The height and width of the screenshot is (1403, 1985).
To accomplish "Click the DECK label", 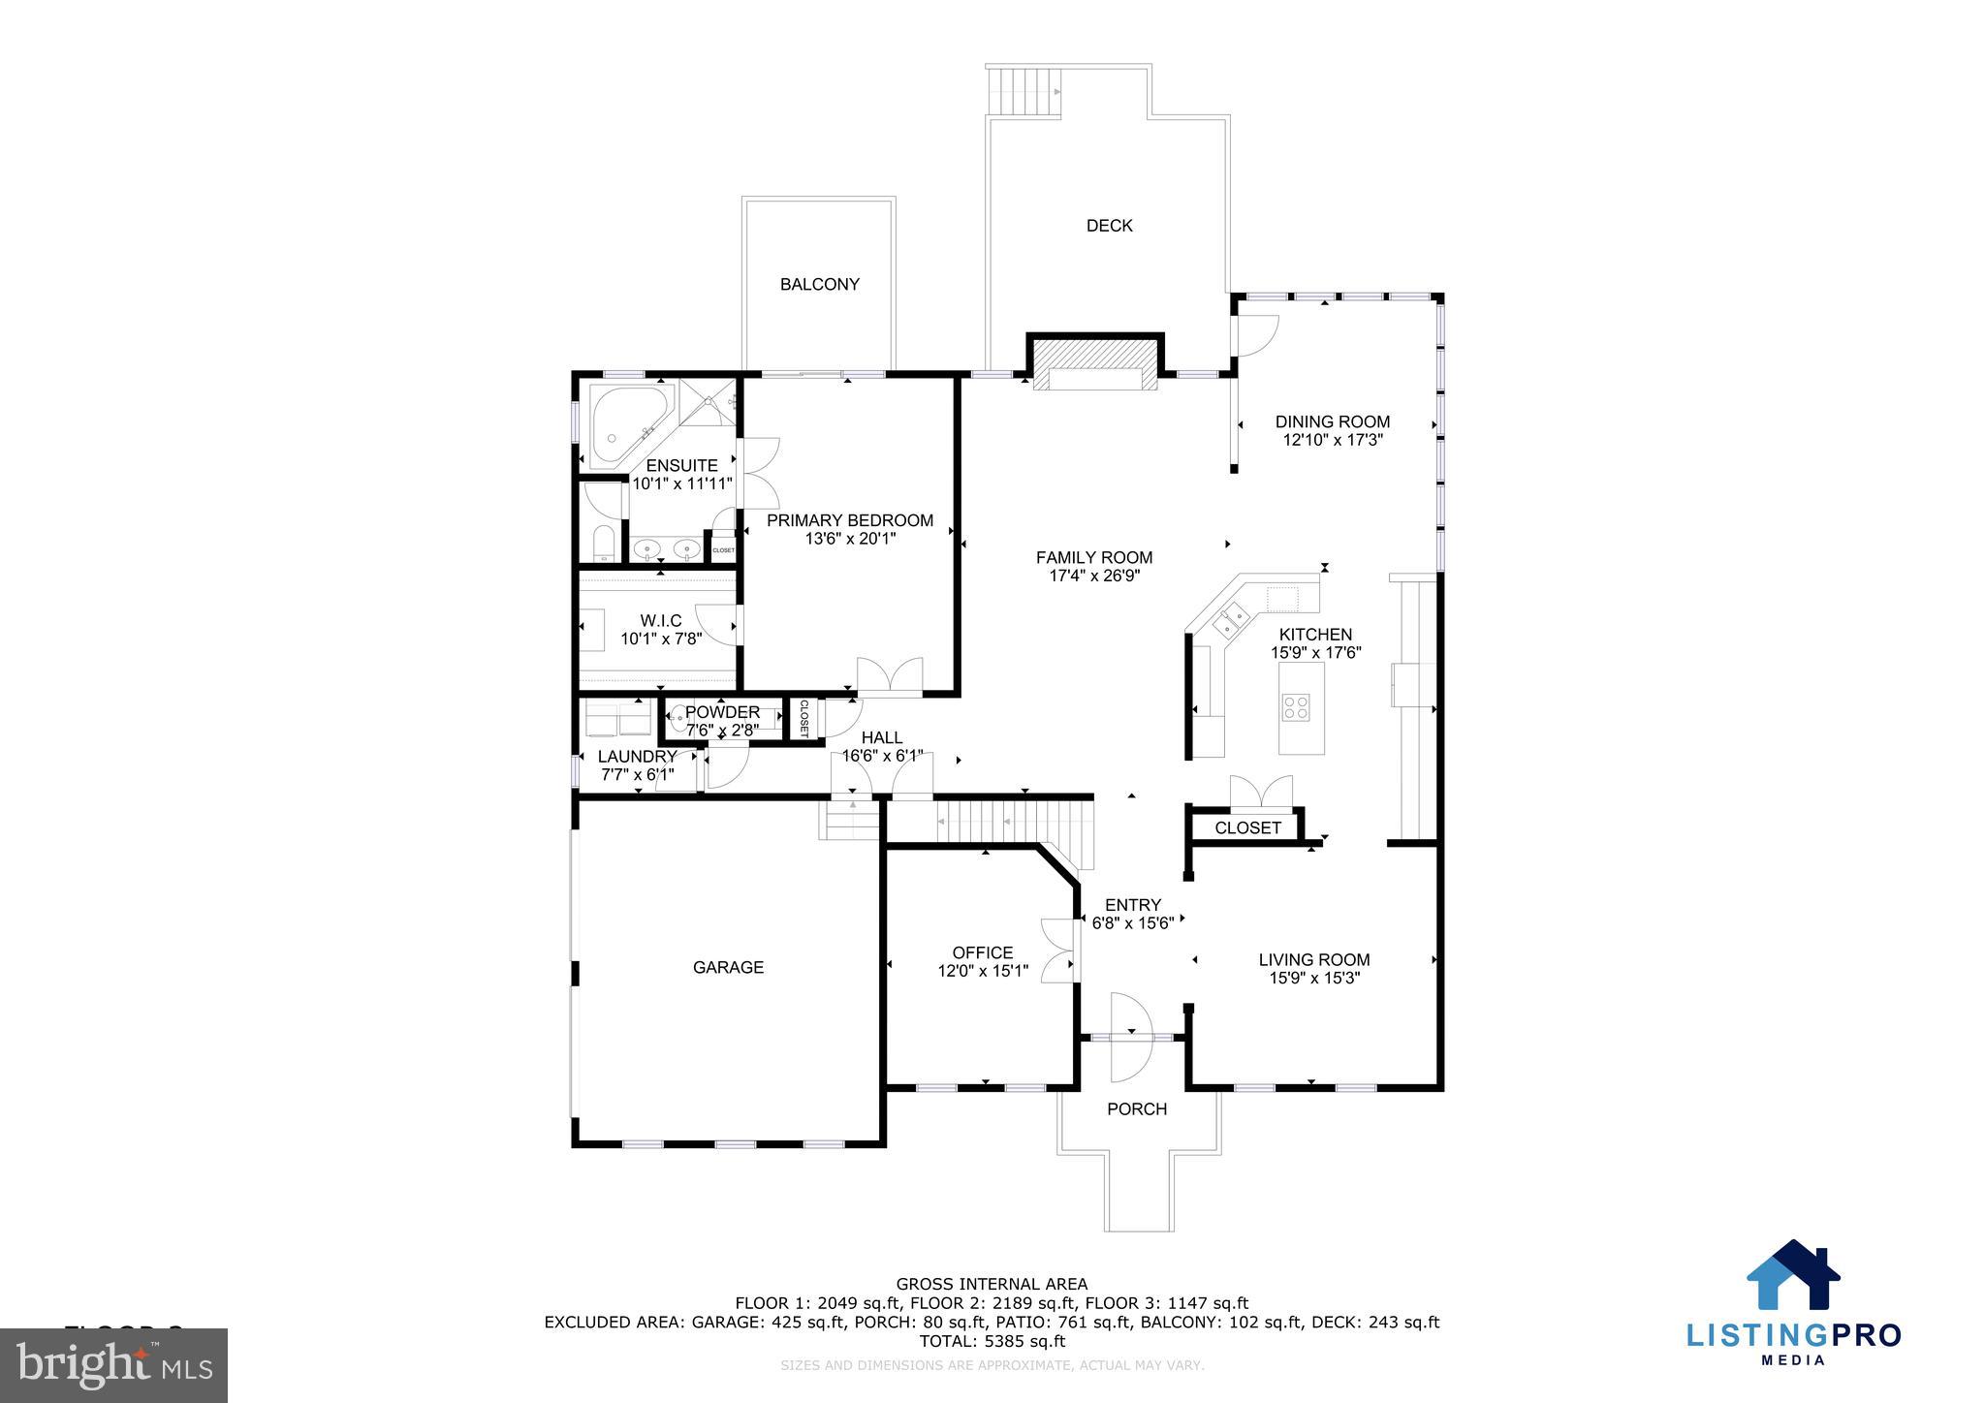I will [1109, 226].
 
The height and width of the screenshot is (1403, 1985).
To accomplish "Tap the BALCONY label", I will [819, 285].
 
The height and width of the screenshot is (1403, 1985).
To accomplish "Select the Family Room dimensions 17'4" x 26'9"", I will [1094, 576].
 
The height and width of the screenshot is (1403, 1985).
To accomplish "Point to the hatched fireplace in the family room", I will [1095, 364].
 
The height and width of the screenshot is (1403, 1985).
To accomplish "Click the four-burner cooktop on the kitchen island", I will [1296, 707].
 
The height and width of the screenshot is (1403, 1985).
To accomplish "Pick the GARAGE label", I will [728, 967].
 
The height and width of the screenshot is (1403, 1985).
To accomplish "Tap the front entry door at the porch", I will [1130, 1038].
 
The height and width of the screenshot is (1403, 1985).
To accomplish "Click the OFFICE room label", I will [982, 952].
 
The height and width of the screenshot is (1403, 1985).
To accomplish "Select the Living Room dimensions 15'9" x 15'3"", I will [1314, 979].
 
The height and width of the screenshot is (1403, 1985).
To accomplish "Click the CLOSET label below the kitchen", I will [1247, 828].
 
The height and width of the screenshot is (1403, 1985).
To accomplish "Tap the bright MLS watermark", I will [114, 1365].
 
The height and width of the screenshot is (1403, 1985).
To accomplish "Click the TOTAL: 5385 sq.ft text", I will [992, 1341].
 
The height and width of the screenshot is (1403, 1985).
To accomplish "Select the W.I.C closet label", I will [660, 621].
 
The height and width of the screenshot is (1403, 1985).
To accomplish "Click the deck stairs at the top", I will [1023, 90].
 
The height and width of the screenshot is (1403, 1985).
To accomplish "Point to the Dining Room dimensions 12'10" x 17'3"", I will [1332, 440].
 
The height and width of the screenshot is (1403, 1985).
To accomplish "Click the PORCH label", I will [1137, 1109].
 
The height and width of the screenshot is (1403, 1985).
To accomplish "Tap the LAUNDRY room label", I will [637, 757].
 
